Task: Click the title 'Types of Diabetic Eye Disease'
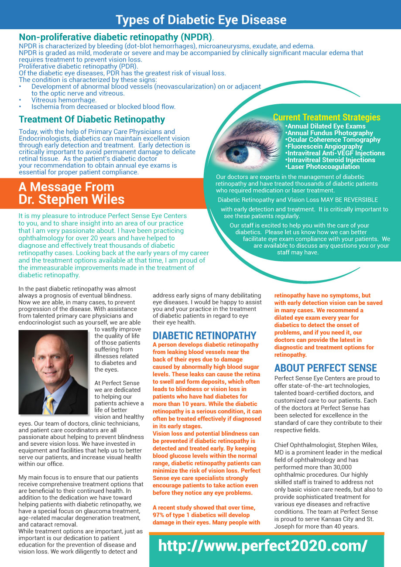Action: tap(201, 20)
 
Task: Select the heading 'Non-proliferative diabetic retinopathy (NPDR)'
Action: tap(115, 37)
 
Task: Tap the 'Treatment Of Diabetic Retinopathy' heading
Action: tap(92, 120)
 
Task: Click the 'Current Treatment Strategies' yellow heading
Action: tap(326, 117)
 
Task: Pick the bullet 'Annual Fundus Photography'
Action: tap(330, 133)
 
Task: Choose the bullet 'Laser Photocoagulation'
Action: tap(323, 167)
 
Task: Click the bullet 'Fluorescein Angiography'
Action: tap(325, 147)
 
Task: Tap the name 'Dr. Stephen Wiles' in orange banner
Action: tap(72, 200)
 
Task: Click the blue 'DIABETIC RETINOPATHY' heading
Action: tap(204, 335)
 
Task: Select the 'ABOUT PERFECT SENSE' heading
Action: tap(326, 368)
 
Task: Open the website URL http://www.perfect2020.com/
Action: tap(263, 546)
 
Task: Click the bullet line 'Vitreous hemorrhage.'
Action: tap(64, 100)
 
